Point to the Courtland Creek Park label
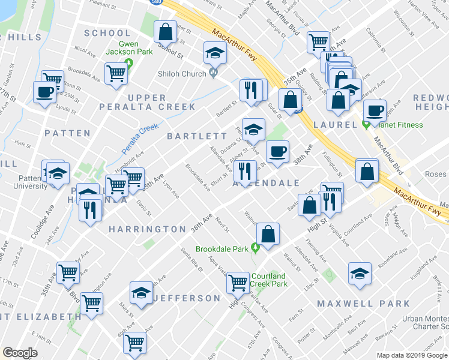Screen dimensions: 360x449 tap(268, 280)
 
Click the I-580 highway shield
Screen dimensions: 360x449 tap(155, 2)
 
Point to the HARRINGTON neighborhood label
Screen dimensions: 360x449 tap(148, 229)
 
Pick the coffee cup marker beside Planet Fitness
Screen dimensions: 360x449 tap(375, 112)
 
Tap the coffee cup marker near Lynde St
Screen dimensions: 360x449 tap(45, 93)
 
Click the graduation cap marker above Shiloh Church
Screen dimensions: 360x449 tap(214, 53)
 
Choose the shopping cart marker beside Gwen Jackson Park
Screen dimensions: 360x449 tap(116, 74)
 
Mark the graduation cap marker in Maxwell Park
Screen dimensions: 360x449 tap(360, 274)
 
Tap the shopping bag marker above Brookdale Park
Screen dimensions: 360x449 tap(268, 233)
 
